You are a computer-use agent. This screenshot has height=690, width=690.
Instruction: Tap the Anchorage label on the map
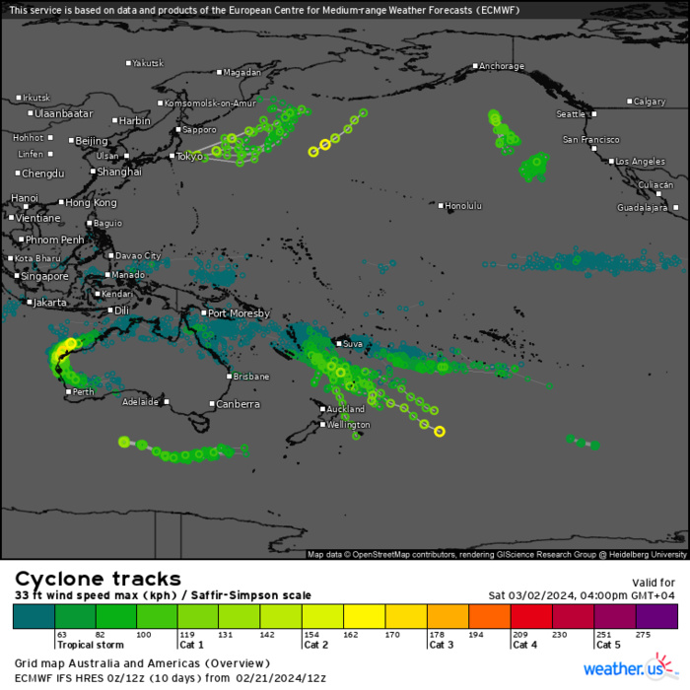tap(501, 67)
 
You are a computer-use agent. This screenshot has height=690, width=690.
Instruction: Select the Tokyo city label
tap(188, 156)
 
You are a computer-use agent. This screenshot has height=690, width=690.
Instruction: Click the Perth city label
tap(84, 392)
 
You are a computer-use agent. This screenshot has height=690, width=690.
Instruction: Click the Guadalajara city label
tap(642, 208)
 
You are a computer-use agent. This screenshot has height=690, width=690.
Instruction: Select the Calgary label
tap(650, 102)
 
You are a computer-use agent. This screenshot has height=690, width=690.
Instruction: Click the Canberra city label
tap(238, 404)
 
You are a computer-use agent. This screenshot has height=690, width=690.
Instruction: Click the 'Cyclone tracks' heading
tap(98, 579)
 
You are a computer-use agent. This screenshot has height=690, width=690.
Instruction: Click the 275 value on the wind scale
tap(646, 635)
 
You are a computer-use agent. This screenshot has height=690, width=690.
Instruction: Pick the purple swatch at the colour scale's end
tap(656, 616)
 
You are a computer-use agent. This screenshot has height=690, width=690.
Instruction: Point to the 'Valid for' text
tap(654, 583)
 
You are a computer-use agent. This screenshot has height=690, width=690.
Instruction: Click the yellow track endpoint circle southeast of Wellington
tap(440, 431)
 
